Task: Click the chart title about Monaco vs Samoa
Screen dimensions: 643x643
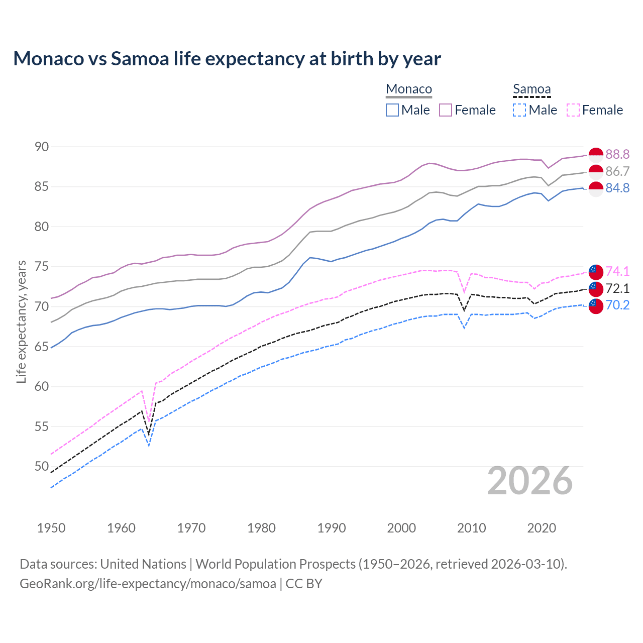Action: [227, 59]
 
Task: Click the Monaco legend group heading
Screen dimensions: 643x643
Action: [409, 89]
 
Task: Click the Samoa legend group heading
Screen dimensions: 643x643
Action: [531, 89]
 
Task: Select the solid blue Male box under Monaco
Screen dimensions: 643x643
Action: [392, 110]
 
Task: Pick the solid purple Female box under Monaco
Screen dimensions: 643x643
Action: [446, 110]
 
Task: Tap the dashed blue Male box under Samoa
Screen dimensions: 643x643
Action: [519, 110]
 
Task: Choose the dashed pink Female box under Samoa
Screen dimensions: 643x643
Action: [573, 110]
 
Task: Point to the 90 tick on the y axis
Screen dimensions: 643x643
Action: [42, 147]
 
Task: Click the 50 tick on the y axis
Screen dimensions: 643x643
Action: [42, 467]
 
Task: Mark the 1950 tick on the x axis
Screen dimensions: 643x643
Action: [51, 528]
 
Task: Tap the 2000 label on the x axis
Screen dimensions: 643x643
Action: [401, 528]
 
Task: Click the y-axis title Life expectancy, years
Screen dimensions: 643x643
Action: [21, 321]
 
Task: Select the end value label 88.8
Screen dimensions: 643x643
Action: [617, 155]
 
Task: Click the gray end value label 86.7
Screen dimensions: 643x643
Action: [617, 171]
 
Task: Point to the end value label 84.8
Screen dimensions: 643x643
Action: [617, 188]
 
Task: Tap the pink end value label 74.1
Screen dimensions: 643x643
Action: [617, 271]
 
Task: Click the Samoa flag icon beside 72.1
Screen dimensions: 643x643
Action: [596, 288]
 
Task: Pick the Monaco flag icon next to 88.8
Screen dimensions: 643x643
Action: [596, 155]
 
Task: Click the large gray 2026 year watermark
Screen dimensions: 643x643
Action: [530, 481]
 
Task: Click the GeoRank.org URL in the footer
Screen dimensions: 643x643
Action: [148, 584]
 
